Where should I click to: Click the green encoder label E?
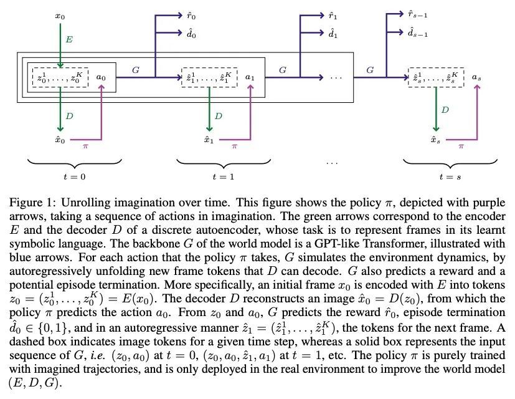pyautogui.click(x=70, y=39)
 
